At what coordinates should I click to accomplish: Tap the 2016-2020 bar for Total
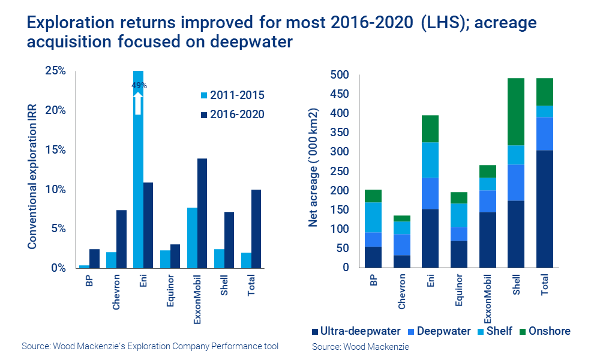coord(256,229)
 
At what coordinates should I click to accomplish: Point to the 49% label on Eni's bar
coord(139,86)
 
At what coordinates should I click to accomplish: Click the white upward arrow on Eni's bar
coord(139,103)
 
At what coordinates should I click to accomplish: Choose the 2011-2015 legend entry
coord(231,95)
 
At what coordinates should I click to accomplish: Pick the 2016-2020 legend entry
coord(231,114)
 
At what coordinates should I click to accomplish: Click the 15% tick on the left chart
coord(56,150)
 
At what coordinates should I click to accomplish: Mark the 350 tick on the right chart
coord(340,133)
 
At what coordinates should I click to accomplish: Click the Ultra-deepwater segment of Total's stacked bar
coord(545,209)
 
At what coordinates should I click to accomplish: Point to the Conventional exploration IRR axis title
coord(32,169)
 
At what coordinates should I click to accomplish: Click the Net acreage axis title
coord(314,169)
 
